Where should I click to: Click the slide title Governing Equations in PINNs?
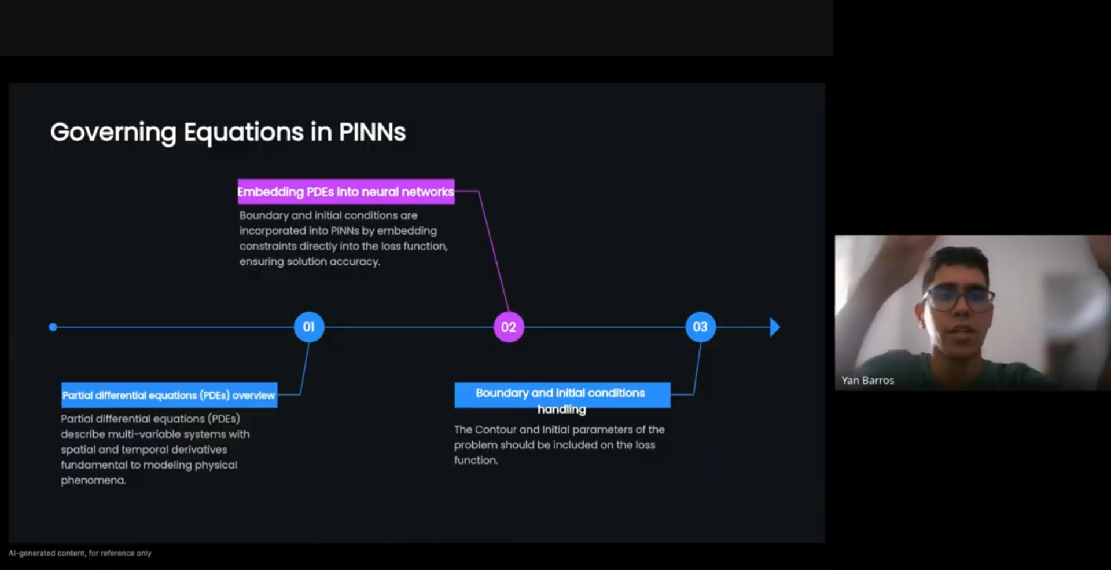228,132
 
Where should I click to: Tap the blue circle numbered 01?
309,327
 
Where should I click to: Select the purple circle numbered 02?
509,327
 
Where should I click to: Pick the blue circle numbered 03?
700,327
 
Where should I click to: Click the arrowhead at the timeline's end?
774,327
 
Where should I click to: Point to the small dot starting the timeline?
53,327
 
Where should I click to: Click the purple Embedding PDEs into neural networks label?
345,192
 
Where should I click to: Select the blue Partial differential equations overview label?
169,395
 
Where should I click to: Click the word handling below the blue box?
561,410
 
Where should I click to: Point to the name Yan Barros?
867,381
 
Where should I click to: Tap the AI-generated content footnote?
80,553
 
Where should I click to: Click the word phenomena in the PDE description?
93,480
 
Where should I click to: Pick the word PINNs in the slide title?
372,132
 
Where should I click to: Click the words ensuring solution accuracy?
310,262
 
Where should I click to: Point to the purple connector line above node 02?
494,249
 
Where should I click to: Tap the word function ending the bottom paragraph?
476,461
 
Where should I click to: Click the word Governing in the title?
113,132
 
